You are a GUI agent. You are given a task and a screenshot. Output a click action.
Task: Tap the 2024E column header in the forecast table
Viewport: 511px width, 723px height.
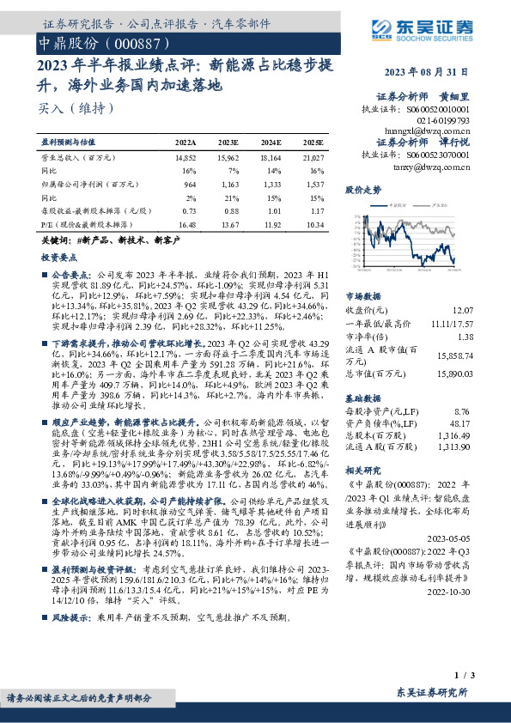[x=271, y=141]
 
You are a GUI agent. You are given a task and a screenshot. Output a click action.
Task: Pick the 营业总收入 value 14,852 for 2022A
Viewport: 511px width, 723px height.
[x=186, y=159]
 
